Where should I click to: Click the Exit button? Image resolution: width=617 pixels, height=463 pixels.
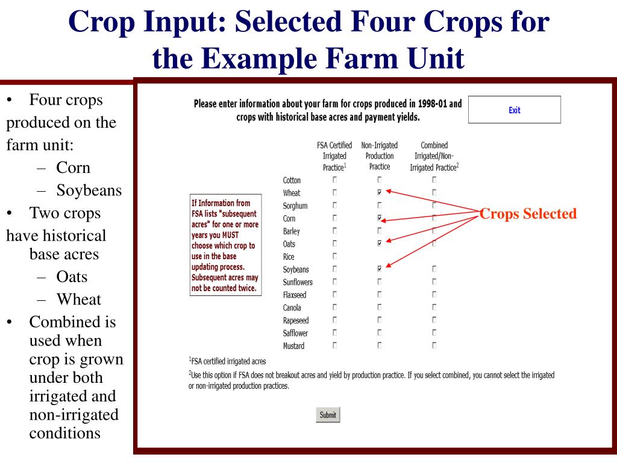tap(514, 110)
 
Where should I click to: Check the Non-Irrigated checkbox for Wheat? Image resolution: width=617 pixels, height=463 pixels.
tap(379, 192)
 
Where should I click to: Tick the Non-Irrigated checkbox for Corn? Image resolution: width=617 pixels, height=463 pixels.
tap(379, 218)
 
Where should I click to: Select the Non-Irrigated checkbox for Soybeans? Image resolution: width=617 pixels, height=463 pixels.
tap(379, 269)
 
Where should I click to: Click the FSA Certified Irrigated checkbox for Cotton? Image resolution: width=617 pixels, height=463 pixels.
tap(334, 180)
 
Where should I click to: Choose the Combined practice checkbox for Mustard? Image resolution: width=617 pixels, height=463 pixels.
tap(434, 345)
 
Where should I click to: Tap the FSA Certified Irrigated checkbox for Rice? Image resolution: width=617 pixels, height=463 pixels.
tap(334, 257)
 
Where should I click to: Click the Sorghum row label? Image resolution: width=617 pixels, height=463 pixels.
tap(295, 206)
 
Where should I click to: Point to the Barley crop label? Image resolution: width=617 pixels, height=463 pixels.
tap(292, 231)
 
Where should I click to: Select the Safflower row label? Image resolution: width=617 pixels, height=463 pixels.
tap(295, 333)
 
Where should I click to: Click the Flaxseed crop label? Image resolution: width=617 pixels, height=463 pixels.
tap(295, 295)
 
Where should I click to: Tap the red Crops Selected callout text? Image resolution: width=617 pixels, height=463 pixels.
tap(528, 213)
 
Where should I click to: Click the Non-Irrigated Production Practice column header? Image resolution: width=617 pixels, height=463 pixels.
tap(379, 156)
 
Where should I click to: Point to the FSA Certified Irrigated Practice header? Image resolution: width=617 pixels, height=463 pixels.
tap(334, 156)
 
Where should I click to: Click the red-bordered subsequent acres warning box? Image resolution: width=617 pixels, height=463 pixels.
tap(225, 245)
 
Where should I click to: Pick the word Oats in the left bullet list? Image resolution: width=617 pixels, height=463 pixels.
tap(72, 277)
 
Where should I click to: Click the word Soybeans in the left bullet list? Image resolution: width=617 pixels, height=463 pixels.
tap(89, 191)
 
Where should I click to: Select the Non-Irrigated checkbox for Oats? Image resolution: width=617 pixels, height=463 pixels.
tap(379, 244)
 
